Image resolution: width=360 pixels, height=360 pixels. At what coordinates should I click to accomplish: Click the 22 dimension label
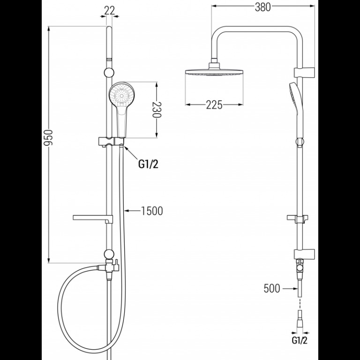pos(109,10)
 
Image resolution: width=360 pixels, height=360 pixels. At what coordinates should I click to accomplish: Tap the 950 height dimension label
pos(48,137)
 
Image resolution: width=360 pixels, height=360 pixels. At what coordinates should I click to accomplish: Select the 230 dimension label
pos(157,110)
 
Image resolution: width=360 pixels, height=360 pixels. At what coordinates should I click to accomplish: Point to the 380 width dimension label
pos(262,7)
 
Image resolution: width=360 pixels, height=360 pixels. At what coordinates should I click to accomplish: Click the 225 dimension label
pos(214,105)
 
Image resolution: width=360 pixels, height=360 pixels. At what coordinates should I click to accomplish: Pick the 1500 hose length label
pos(152,211)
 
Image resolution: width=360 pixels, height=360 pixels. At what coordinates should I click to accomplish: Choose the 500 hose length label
pos(272,288)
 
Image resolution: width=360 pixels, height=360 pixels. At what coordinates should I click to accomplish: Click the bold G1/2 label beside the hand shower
pos(148,164)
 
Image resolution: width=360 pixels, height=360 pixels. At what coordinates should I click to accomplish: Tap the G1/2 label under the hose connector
pos(300,340)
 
